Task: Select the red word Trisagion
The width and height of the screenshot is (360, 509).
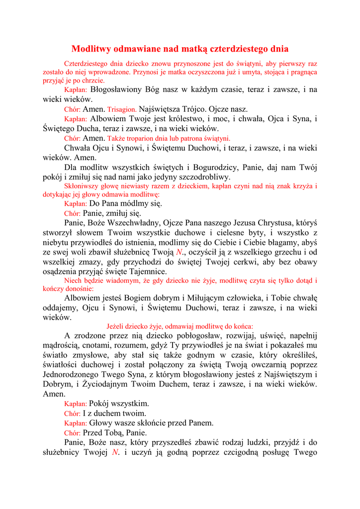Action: point(122,109)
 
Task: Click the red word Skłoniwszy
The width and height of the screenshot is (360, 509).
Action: point(82,186)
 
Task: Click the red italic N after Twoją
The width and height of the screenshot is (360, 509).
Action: point(180,252)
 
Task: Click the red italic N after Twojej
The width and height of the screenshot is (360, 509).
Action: point(115,452)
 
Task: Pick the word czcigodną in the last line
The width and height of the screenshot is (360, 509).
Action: point(236,452)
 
